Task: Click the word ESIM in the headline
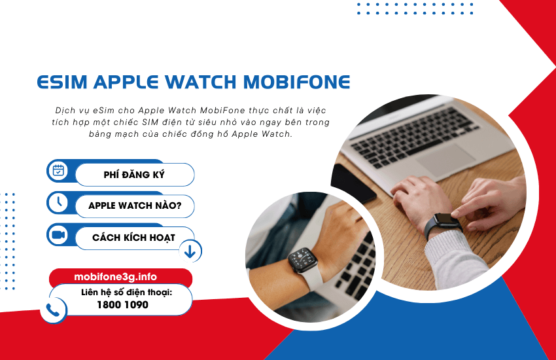point(62,82)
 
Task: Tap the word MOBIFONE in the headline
point(297,82)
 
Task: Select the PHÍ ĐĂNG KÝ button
point(135,175)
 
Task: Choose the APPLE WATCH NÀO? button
point(135,206)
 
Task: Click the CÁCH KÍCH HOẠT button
point(134,238)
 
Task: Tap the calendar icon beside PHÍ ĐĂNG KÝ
point(58,171)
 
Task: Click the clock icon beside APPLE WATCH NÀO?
point(58,202)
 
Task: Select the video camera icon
point(58,234)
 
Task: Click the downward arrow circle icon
point(190,251)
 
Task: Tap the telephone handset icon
point(53,310)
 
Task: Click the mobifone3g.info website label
point(116,277)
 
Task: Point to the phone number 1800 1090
point(123,304)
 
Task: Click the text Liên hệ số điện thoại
point(127,293)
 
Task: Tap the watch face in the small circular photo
point(302,260)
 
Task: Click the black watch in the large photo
point(443,223)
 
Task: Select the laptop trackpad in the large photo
point(445,158)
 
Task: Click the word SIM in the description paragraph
point(150,122)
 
